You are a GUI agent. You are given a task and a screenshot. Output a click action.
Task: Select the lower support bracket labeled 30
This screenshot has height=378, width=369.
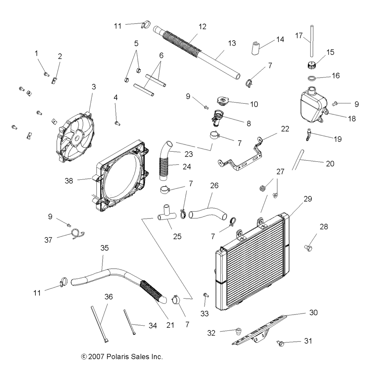[x=260, y=330]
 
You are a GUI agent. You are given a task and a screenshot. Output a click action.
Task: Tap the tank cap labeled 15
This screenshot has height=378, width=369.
[x=312, y=65]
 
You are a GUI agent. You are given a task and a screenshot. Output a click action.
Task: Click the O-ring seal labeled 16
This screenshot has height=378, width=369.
[x=312, y=78]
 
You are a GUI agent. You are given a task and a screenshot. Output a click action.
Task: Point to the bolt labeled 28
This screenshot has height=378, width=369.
[x=308, y=248]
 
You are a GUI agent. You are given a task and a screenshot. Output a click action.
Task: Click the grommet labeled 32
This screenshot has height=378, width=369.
[x=239, y=331]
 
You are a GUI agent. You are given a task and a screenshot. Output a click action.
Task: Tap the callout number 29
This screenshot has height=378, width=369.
[x=308, y=199]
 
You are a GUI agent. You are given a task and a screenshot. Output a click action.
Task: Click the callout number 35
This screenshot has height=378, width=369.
[x=104, y=248]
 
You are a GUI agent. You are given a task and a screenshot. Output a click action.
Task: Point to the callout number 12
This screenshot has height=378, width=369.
[x=203, y=27]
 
